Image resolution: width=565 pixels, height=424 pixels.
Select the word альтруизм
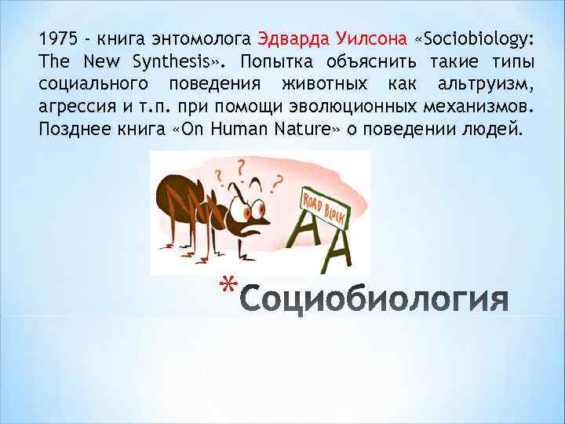point(489,84)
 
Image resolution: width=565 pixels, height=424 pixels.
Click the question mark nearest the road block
point(275,182)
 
